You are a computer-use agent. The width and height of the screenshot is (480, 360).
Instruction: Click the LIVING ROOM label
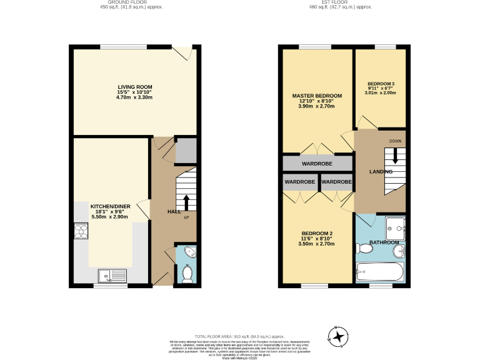click(x=134, y=87)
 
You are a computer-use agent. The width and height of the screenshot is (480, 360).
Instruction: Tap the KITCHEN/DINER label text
click(x=109, y=206)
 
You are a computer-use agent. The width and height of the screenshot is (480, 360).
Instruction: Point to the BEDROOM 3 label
click(x=381, y=84)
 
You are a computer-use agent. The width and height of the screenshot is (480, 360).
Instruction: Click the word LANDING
click(x=381, y=171)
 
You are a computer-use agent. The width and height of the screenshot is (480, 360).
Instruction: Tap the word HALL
click(x=174, y=212)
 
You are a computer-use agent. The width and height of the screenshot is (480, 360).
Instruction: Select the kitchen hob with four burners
click(x=81, y=232)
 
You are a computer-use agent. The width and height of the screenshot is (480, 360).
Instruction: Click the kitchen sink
click(x=112, y=274)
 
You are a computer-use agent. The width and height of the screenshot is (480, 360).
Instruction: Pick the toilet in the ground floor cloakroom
click(x=186, y=273)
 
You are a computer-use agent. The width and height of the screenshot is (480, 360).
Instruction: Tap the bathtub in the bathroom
click(x=381, y=271)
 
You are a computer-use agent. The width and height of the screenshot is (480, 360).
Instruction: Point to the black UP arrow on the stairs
click(x=186, y=203)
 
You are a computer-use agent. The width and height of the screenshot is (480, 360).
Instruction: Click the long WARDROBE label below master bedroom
click(x=317, y=164)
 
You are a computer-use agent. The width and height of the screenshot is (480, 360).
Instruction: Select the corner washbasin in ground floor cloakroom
click(x=191, y=253)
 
